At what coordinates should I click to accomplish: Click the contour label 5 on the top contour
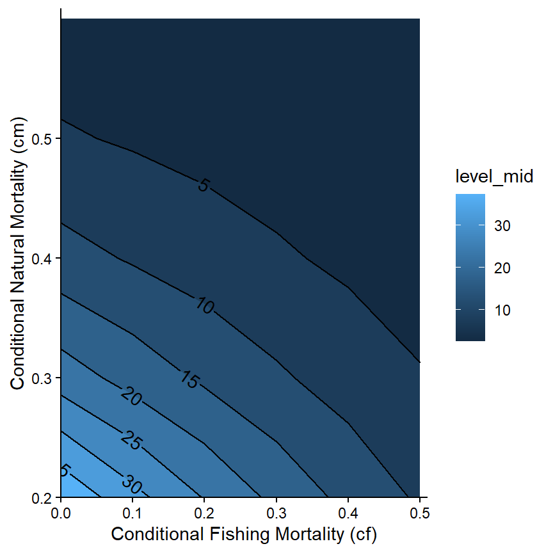pyautogui.click(x=203, y=186)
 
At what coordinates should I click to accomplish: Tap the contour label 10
pyautogui.click(x=204, y=307)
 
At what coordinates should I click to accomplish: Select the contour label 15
pyautogui.click(x=189, y=380)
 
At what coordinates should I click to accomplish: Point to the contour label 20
pyautogui.click(x=131, y=396)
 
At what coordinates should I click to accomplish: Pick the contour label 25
pyautogui.click(x=131, y=441)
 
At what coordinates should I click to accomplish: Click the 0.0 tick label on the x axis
pyautogui.click(x=61, y=513)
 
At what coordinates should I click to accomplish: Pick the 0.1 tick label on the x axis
pyautogui.click(x=132, y=513)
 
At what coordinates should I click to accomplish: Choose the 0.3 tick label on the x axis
pyautogui.click(x=276, y=513)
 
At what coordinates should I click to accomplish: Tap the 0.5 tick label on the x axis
pyautogui.click(x=419, y=513)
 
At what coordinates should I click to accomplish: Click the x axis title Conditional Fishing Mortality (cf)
pyautogui.click(x=240, y=533)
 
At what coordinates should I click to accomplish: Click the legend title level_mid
pyautogui.click(x=494, y=177)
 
